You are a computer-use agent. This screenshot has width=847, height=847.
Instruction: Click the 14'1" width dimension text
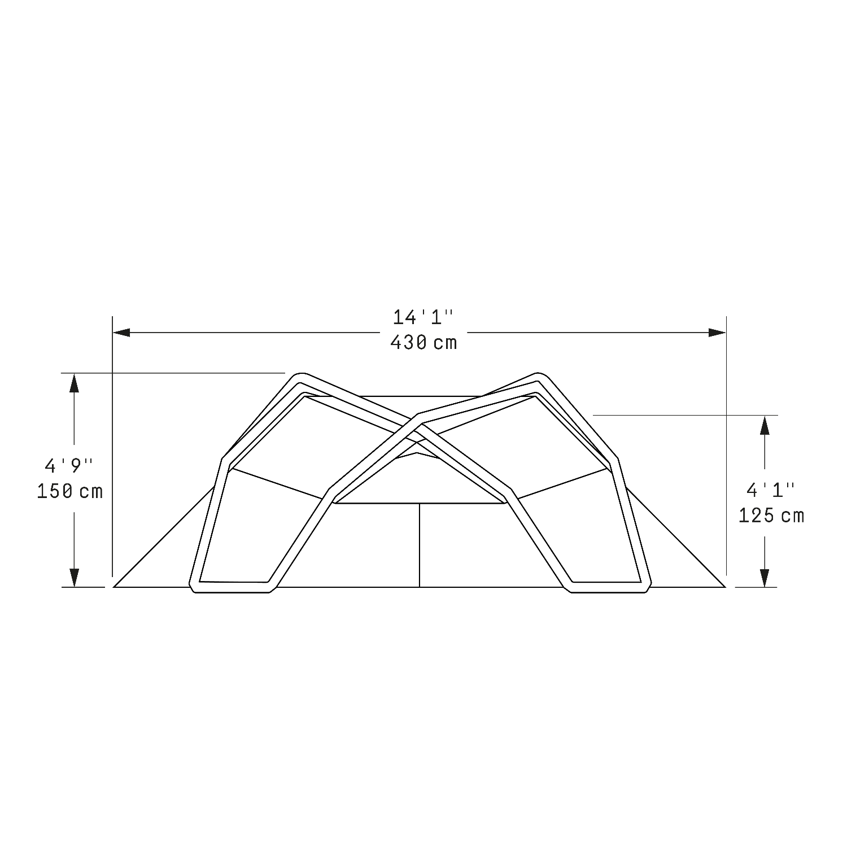[423, 317]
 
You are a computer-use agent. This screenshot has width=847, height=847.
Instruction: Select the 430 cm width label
[423, 343]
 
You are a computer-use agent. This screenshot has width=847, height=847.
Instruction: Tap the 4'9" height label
[69, 466]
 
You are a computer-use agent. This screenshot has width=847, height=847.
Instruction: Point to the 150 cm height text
[70, 491]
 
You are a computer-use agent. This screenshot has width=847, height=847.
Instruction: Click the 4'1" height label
[771, 490]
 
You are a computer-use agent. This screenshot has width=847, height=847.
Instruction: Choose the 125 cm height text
[771, 516]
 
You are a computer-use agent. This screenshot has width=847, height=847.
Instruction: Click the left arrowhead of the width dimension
[122, 333]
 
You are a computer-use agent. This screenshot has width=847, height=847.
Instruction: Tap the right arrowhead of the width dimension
[717, 333]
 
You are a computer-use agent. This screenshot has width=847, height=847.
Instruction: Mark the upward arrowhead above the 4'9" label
[73, 382]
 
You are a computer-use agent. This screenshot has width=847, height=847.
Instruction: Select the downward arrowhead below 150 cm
[73, 577]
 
